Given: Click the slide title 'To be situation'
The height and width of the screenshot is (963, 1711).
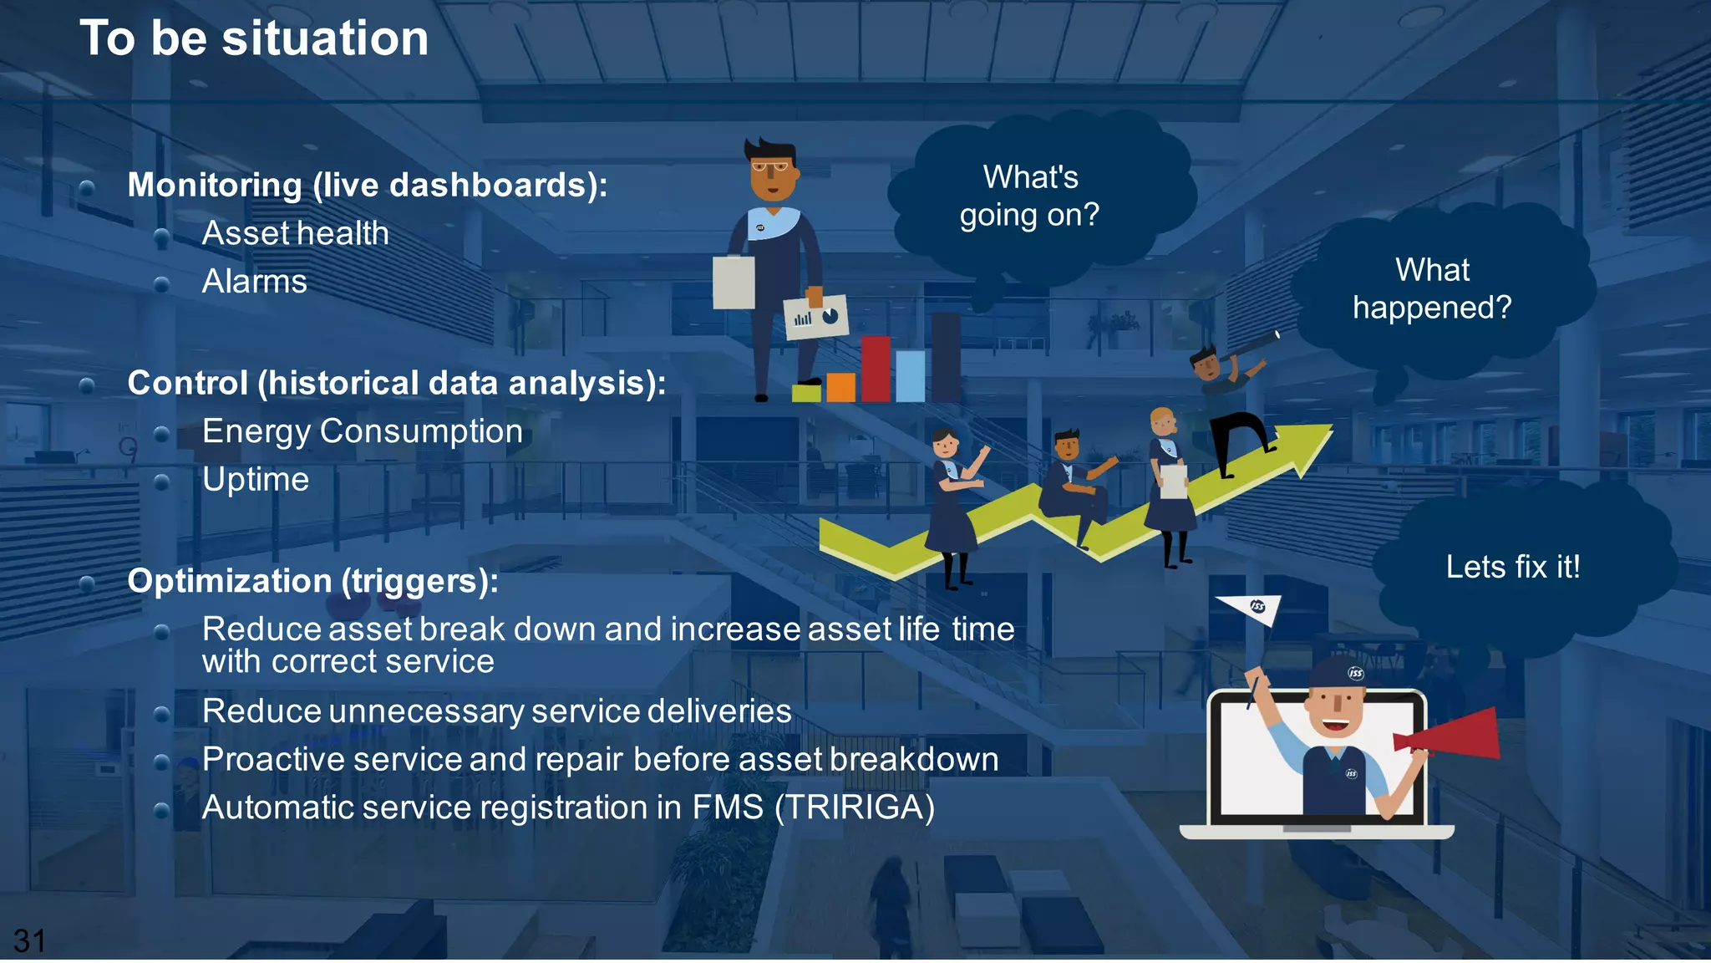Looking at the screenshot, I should click(254, 38).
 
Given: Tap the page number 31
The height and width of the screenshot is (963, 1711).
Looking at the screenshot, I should click(29, 941).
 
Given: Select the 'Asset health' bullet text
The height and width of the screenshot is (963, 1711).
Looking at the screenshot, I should click(295, 233).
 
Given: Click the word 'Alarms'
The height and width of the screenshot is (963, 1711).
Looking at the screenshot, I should click(254, 282).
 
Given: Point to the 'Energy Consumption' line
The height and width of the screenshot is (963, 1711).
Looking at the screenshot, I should click(362, 431).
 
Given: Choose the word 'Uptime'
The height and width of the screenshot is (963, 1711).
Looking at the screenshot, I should click(255, 480).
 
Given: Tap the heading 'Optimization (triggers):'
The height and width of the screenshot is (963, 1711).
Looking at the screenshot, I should click(312, 581).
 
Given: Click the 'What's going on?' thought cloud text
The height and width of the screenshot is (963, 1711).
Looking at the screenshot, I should click(1030, 196).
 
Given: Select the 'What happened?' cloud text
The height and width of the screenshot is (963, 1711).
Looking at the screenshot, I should click(1432, 289).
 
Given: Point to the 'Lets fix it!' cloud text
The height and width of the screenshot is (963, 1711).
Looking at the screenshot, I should click(1512, 568).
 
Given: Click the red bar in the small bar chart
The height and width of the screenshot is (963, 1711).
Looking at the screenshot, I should click(875, 369).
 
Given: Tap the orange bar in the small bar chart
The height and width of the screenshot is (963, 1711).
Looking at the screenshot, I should click(840, 387).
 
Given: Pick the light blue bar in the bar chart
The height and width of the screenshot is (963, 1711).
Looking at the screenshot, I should click(910, 376).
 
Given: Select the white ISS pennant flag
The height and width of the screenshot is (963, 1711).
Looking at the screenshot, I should click(1251, 608).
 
